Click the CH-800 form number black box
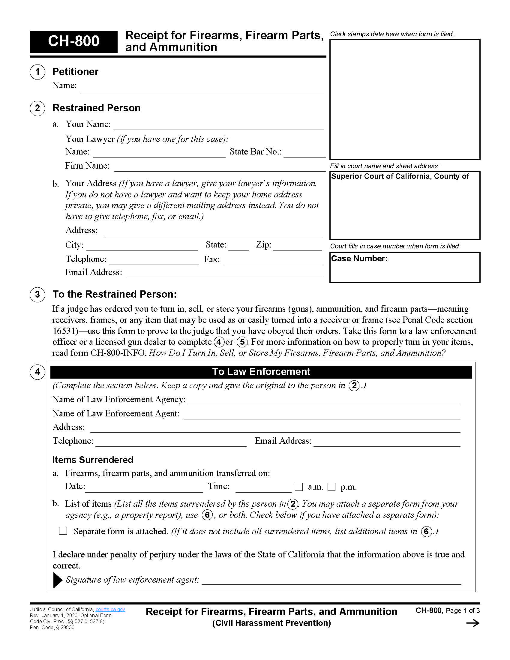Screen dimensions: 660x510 tap(73, 41)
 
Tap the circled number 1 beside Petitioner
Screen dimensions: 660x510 tap(37, 72)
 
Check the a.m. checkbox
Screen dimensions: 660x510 tap(298, 487)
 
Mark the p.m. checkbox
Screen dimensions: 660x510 tap(331, 487)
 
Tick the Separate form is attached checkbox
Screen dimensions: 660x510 tap(63, 531)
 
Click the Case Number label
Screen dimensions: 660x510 tap(359, 259)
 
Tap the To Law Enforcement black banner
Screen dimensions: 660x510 tap(261, 372)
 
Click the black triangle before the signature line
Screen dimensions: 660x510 tap(57, 580)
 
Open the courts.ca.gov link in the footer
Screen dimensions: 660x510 tap(110, 610)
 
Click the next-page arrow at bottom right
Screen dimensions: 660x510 tap(473, 623)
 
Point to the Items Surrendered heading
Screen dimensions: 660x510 tap(93, 460)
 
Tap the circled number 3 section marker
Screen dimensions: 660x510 tap(37, 295)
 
